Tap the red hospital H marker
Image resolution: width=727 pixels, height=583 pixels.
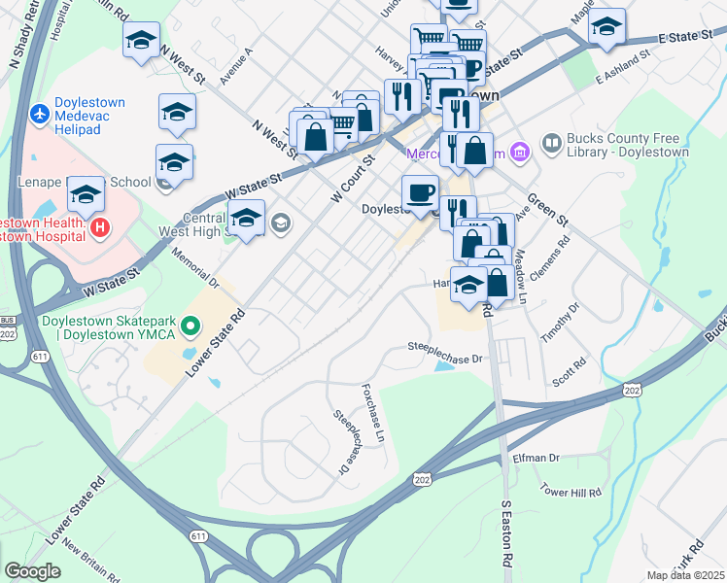pyautogui.click(x=98, y=228)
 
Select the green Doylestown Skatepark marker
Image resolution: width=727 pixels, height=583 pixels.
pyautogui.click(x=190, y=327)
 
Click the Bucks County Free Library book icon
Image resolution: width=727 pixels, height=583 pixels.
pyautogui.click(x=552, y=144)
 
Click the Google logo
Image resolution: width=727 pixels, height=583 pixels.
pyautogui.click(x=33, y=571)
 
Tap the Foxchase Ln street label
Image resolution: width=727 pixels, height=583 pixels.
pyautogui.click(x=374, y=408)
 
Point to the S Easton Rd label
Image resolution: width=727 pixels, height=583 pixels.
pyautogui.click(x=506, y=533)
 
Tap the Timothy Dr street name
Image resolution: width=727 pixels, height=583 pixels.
pyautogui.click(x=561, y=322)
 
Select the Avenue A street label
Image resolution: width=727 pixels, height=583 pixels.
pyautogui.click(x=236, y=65)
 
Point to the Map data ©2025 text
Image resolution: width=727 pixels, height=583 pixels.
pyautogui.click(x=686, y=575)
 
